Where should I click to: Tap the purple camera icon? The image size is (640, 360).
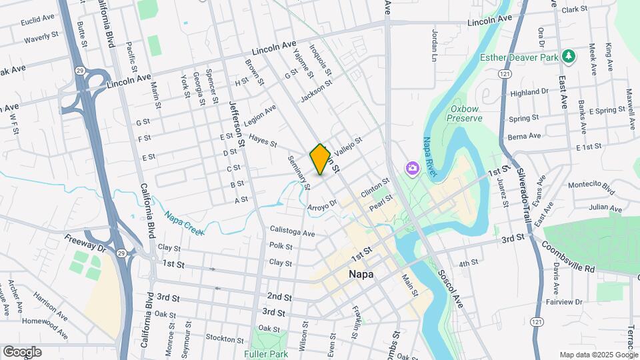413,167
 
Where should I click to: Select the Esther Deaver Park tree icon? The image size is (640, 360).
569,56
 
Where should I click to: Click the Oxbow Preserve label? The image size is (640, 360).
465,113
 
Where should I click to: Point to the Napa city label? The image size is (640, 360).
361,274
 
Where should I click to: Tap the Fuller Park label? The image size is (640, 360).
266,354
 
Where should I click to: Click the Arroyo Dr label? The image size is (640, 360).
323,207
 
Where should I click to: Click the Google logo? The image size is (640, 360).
22,351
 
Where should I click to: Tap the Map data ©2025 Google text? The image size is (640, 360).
597,355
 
